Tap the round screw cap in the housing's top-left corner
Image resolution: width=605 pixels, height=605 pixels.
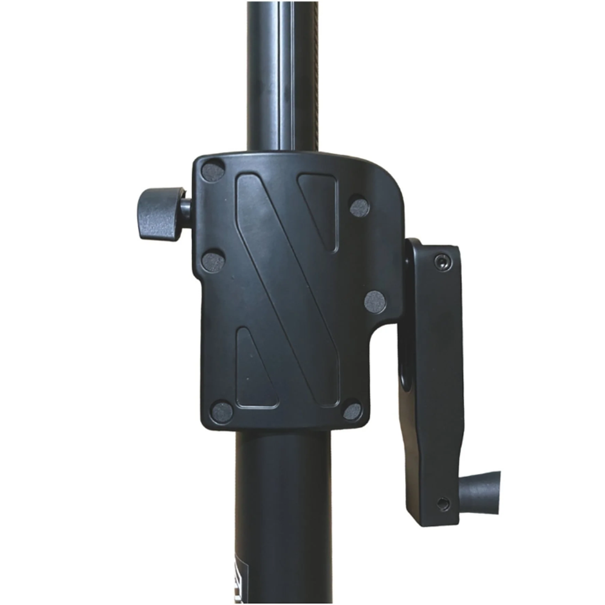coord(213,171)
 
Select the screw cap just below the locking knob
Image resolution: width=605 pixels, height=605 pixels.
coord(213,262)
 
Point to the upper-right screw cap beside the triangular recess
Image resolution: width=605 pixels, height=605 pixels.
coord(359,207)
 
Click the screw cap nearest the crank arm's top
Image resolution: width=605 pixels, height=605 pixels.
coord(375,302)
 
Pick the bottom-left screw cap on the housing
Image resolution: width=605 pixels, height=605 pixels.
coord(222,412)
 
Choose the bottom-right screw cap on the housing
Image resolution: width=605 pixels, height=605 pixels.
coord(352,412)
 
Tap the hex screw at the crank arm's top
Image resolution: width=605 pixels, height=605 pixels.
coord(442,261)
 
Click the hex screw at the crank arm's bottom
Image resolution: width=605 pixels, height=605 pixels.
coord(443,504)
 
